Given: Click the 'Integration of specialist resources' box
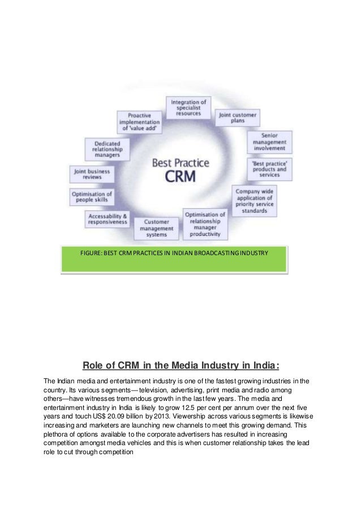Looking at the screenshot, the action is (x=190, y=107).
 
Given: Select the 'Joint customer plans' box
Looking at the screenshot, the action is (x=238, y=118).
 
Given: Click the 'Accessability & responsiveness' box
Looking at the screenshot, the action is (x=108, y=219).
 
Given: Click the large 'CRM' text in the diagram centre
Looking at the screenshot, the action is (x=180, y=176).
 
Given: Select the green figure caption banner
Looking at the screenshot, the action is (x=173, y=260).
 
